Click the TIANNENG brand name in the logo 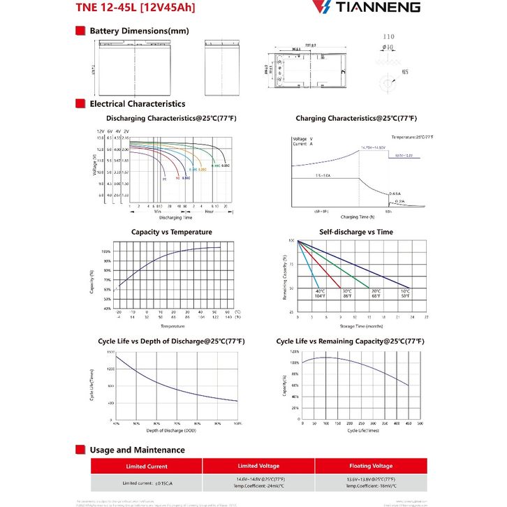point(381,8)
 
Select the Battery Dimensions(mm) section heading point(139,31)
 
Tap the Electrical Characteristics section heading point(138,103)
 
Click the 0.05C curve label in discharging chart point(226,164)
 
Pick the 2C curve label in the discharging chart point(165,179)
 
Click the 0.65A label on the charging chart point(395,193)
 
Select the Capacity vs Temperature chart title point(172,232)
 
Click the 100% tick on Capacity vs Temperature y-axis point(106,251)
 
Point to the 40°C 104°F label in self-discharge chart point(320,293)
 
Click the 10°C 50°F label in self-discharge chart point(405,293)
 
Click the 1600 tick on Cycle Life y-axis point(110,352)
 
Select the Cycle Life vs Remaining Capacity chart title point(350,341)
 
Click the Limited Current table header point(146,466)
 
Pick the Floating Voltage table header point(371,466)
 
